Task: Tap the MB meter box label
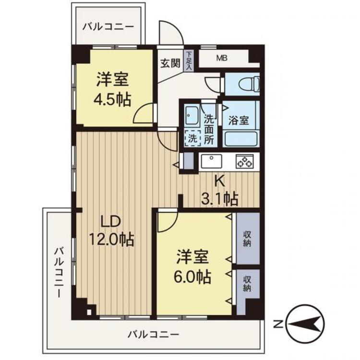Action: click(221, 59)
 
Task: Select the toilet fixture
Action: click(245, 84)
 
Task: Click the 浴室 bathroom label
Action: click(239, 120)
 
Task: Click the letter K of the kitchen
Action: click(219, 181)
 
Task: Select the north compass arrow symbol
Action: click(306, 323)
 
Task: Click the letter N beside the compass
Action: click(277, 324)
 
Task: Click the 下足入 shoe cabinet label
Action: click(189, 61)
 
